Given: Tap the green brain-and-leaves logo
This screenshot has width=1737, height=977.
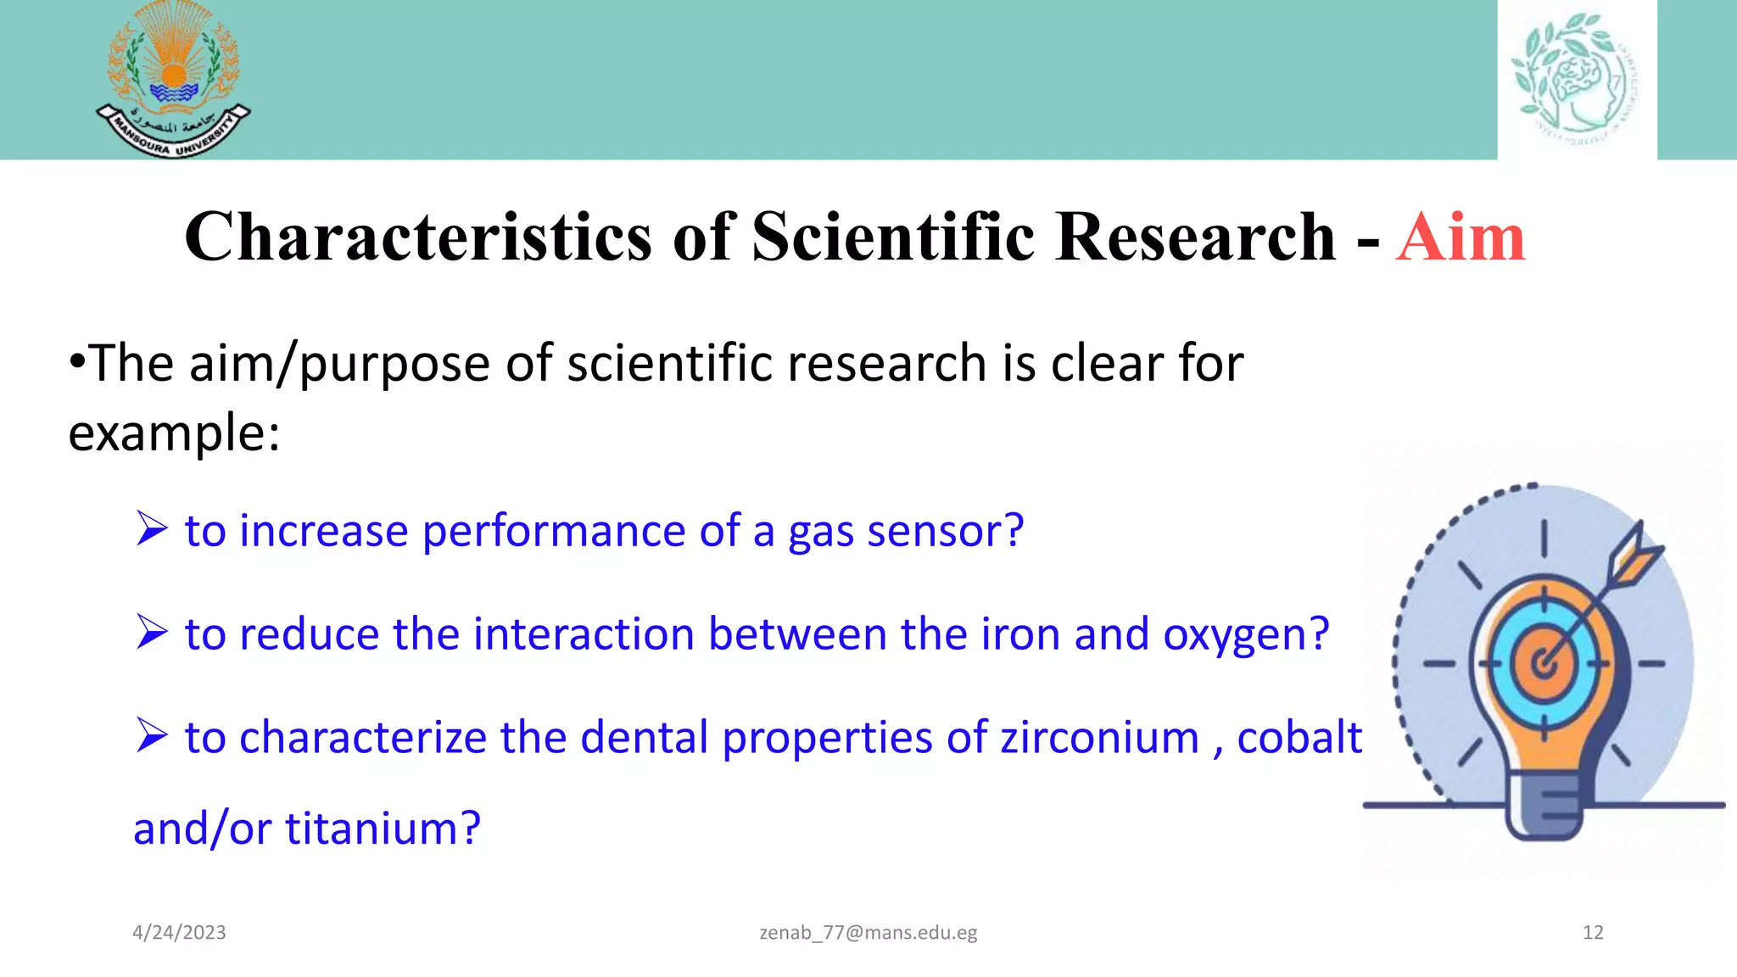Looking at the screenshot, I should click(1576, 79).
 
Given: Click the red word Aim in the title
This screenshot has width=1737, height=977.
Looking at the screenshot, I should click(1461, 237).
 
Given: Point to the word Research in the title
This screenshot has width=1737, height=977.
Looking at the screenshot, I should click(1196, 237).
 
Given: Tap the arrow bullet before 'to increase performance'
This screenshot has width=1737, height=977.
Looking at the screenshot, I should click(152, 529).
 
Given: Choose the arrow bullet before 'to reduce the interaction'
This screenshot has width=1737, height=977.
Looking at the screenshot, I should click(152, 633).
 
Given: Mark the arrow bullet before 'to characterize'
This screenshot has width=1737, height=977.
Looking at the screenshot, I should click(152, 735).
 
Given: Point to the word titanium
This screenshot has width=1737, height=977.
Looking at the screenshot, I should click(383, 829).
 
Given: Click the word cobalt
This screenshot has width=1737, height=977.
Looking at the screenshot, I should click(1299, 738).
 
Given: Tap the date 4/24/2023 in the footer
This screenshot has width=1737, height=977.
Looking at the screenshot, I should click(179, 933).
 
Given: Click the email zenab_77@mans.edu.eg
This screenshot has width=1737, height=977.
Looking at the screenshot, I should click(868, 933).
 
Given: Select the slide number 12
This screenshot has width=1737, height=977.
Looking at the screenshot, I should click(1593, 933).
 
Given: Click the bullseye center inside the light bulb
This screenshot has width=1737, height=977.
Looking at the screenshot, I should click(1544, 664).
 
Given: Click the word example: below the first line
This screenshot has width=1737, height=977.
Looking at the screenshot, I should click(174, 434).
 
